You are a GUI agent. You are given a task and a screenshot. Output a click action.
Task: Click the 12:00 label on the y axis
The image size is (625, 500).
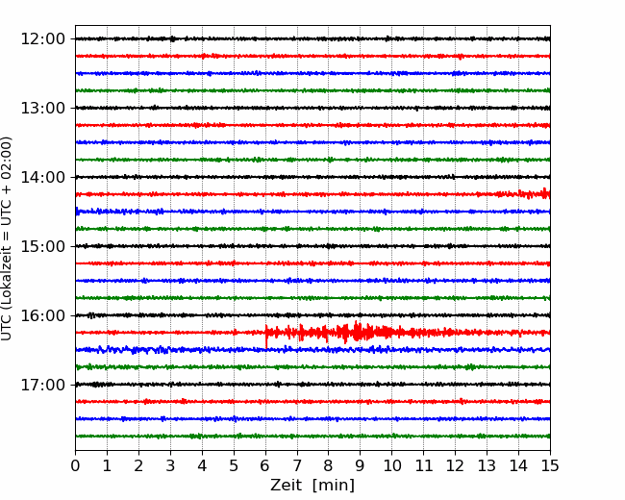(42, 39)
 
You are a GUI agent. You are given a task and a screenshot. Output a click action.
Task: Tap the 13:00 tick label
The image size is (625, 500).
(42, 108)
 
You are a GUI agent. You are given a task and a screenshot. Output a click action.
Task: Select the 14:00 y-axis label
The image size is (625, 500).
(42, 177)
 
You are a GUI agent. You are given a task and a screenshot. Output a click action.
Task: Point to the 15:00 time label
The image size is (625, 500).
(42, 246)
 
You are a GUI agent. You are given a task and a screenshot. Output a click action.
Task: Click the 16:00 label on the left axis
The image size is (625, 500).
(42, 315)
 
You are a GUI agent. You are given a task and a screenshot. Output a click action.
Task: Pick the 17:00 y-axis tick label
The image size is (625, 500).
(42, 385)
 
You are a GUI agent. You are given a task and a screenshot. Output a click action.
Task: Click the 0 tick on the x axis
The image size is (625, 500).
(75, 465)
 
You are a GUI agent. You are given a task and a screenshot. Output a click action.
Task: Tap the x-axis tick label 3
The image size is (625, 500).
(170, 465)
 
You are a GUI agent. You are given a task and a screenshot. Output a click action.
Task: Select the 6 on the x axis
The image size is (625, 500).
(265, 465)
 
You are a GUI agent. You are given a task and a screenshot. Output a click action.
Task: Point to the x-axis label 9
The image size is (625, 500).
(360, 465)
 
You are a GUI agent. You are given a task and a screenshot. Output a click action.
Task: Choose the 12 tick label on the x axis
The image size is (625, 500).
(455, 465)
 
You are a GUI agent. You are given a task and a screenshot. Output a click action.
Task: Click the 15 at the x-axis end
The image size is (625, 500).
(550, 465)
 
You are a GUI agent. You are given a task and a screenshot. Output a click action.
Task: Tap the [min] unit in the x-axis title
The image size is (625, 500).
(334, 486)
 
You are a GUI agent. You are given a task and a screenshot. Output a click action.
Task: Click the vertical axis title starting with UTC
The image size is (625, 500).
(7, 238)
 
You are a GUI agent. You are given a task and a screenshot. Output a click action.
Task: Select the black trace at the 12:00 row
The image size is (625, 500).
(312, 38)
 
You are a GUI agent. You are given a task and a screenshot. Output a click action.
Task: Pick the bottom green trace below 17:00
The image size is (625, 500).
(312, 437)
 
